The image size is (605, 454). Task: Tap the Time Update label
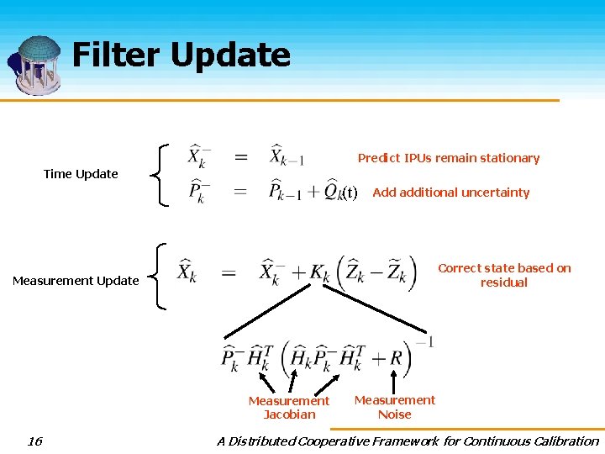(81, 174)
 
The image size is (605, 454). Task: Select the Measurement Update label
(76, 281)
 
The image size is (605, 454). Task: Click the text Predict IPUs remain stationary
(449, 158)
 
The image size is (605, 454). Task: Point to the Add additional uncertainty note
(451, 193)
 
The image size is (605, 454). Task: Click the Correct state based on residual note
(504, 275)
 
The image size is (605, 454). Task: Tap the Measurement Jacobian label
(289, 407)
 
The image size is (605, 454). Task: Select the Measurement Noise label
(395, 407)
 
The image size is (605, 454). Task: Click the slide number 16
(34, 441)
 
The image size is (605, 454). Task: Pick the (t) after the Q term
(350, 193)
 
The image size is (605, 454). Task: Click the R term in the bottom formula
(397, 358)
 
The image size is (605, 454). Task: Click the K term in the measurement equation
(318, 273)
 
